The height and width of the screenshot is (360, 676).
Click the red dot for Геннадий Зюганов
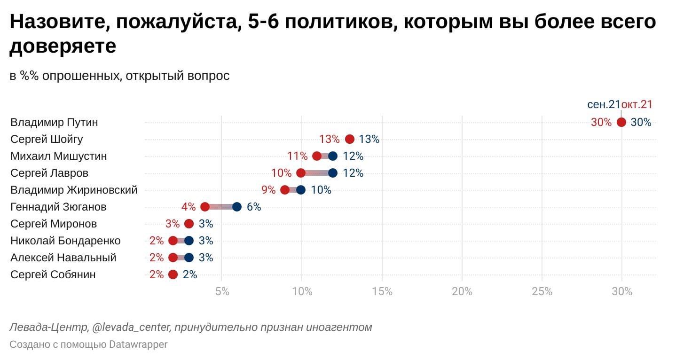[x=205, y=207]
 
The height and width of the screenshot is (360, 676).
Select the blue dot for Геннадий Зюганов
[x=237, y=207]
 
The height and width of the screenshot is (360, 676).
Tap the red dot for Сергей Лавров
[x=301, y=173]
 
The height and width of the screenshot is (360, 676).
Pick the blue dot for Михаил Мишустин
[x=333, y=156]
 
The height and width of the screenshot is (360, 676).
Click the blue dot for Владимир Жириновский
[x=301, y=190]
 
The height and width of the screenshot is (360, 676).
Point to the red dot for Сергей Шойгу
[x=349, y=139]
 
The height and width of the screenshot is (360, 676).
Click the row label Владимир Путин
[x=54, y=122]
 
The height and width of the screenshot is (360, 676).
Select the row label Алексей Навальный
[x=63, y=258]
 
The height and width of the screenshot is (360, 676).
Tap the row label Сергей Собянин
[x=53, y=274]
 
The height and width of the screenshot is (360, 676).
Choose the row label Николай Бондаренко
[x=65, y=241]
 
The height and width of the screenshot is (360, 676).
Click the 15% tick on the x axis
[x=382, y=291]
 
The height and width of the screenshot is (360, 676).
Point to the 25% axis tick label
[x=542, y=291]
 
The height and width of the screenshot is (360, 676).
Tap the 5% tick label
[x=222, y=291]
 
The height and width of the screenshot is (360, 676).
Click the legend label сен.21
[x=604, y=105]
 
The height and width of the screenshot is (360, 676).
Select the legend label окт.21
[x=637, y=105]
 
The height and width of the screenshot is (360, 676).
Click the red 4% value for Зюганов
[x=188, y=207]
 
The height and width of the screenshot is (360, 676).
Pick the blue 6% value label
[x=254, y=207]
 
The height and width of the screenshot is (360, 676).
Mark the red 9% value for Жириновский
[x=268, y=190]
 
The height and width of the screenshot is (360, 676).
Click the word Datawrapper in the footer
[x=138, y=344]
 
